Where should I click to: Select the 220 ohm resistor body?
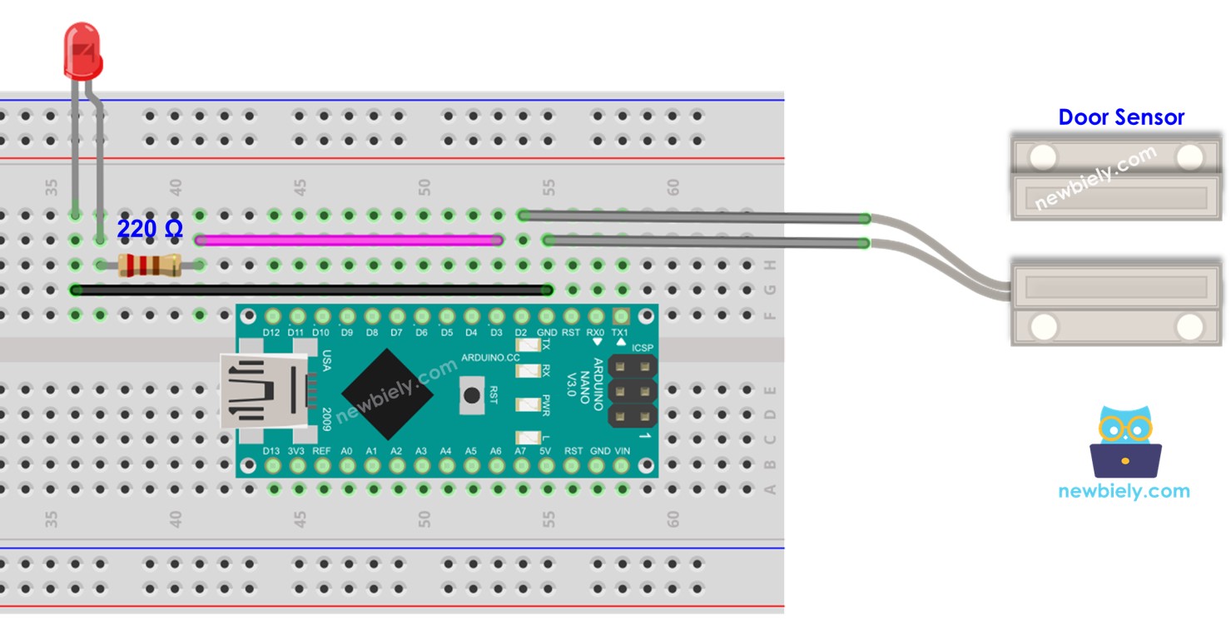[x=150, y=265]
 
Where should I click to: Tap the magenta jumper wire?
[x=350, y=241]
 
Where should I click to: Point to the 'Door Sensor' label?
[x=1120, y=117]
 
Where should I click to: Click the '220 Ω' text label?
[x=150, y=229]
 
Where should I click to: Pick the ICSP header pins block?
[x=633, y=390]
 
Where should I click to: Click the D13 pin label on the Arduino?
[x=271, y=450]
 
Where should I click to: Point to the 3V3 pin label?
[x=296, y=450]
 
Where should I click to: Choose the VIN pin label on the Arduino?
[x=622, y=450]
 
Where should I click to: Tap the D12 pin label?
[x=271, y=333]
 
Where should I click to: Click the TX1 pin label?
[x=620, y=333]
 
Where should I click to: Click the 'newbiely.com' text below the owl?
[x=1124, y=491]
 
